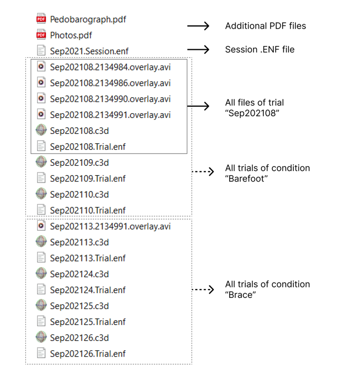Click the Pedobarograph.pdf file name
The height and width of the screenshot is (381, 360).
88,20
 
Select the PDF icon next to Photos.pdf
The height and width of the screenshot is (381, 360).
41,35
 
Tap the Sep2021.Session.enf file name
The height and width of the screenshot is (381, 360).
89,51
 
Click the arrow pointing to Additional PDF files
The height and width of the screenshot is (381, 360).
198,26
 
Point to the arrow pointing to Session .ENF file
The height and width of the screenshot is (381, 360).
198,50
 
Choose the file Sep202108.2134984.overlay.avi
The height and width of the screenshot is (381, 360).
110,67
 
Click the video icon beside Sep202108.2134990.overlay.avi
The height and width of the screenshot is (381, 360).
41,98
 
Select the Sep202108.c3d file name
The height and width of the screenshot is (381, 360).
79,131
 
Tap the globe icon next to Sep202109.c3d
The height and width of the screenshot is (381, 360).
41,162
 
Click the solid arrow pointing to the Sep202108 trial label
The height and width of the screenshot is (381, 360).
198,106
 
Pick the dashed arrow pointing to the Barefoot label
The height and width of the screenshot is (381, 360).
203,171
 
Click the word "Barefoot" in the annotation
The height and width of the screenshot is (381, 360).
247,179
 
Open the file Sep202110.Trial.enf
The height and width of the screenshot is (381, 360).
88,211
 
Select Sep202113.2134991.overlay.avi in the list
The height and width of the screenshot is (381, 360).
110,226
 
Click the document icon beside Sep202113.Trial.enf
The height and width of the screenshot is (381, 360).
41,258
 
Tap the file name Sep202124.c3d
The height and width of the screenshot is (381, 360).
79,274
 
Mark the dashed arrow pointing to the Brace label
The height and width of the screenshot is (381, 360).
203,289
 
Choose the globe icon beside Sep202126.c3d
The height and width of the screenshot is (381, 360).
41,337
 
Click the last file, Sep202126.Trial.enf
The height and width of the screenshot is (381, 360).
88,354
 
